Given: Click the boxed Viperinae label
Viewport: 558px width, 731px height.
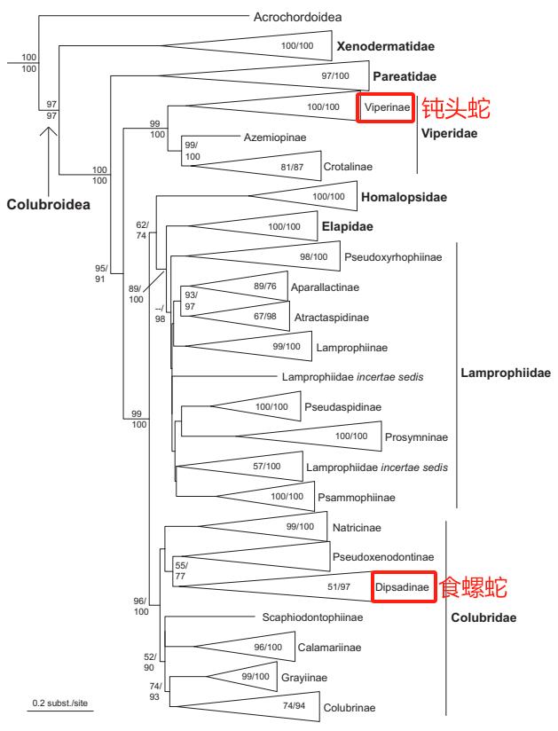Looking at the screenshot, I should [x=387, y=107].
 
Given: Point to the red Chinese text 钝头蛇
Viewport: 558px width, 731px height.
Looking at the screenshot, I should [x=454, y=107].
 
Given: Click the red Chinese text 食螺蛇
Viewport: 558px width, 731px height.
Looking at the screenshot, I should [x=475, y=586].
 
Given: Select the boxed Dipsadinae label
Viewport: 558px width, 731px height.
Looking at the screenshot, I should [x=403, y=586].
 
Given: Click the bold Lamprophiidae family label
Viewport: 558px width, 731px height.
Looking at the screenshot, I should [x=506, y=373].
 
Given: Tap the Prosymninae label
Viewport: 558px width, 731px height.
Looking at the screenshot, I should [x=417, y=436].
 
